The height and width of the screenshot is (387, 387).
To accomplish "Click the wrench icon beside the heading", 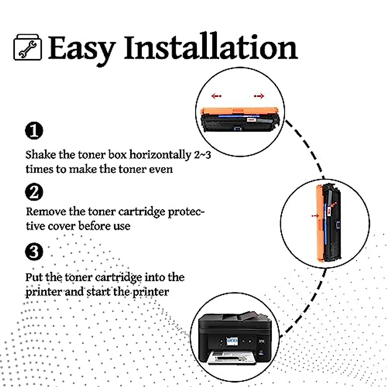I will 27,48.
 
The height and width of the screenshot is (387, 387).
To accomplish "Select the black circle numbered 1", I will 34,131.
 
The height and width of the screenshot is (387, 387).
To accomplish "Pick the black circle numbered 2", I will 34,192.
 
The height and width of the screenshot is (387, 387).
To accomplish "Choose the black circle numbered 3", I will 34,252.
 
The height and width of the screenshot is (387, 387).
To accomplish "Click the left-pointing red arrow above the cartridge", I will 216,96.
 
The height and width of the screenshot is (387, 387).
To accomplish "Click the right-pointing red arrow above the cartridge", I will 259,96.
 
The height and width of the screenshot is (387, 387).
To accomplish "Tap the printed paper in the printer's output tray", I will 231,356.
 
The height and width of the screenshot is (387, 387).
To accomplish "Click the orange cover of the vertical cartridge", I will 319,223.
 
